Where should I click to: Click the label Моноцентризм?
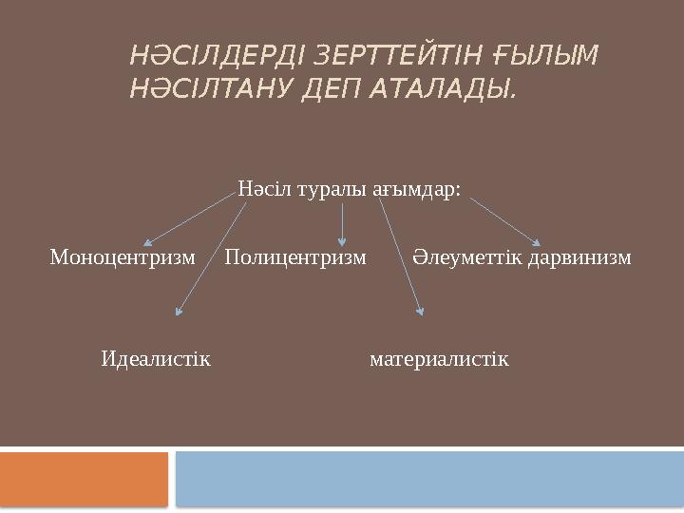tap(123, 257)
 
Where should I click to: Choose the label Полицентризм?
tap(295, 257)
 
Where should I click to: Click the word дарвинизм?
tap(579, 257)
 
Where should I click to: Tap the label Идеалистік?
tap(156, 359)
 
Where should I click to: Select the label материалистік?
tap(439, 359)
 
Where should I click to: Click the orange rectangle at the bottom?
tap(83, 479)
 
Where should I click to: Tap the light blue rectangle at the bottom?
tap(430, 479)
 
